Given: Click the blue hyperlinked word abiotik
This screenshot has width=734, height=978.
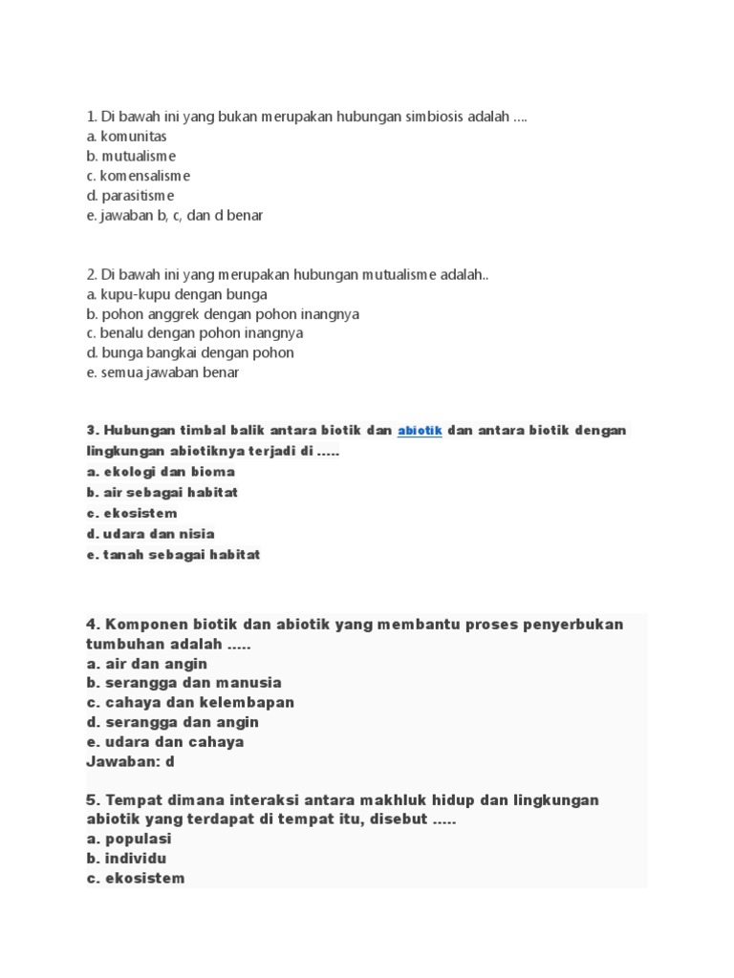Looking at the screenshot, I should point(420,431).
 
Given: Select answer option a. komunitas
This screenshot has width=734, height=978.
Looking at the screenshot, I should point(126,137).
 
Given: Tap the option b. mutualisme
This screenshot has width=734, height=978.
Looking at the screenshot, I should point(131,157).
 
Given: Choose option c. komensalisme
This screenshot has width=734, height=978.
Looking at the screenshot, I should point(138,176).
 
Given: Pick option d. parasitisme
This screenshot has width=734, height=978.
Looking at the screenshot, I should point(130,196).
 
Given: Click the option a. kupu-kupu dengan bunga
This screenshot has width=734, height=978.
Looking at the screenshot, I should point(176,294).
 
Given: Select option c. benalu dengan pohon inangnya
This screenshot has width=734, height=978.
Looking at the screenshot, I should point(194,333).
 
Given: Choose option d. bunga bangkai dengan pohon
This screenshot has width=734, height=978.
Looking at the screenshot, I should point(189,352).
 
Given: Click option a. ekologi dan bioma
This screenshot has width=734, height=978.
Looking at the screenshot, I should point(161,472).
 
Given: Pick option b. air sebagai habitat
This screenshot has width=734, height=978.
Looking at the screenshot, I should point(162,493).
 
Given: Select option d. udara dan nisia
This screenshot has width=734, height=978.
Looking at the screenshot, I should point(150,534).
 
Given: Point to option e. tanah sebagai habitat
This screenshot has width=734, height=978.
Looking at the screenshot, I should point(173,555).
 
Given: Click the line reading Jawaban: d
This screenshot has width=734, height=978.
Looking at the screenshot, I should point(130,761).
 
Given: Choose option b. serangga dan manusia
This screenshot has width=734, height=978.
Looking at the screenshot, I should point(183,683).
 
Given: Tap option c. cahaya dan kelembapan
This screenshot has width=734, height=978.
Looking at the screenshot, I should point(189,702).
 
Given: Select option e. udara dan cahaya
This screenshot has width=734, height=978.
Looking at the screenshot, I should point(164,741).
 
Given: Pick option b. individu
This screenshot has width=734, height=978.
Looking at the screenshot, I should point(126,859).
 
